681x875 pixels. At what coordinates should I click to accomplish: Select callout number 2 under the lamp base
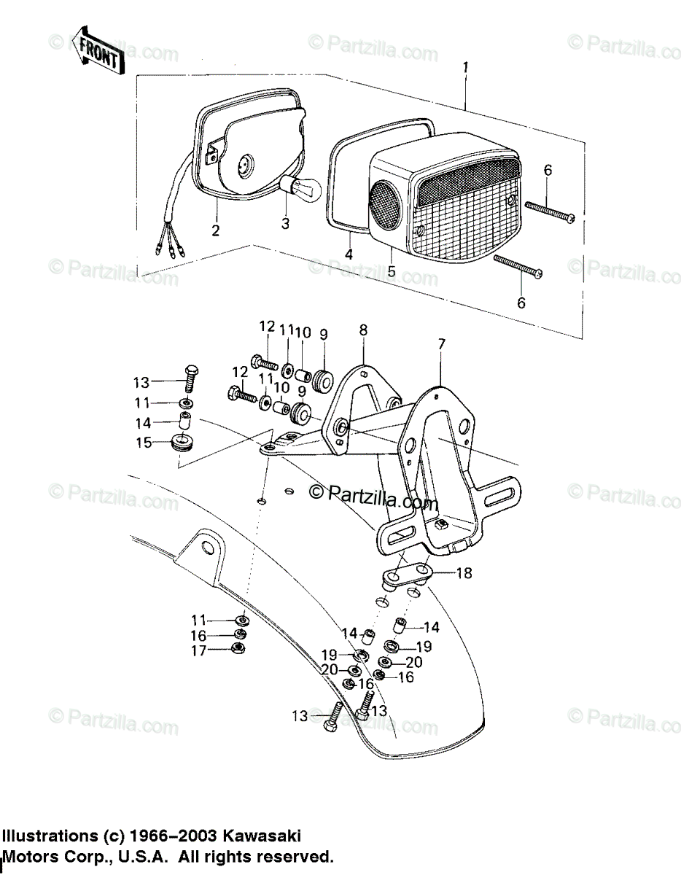[x=215, y=231]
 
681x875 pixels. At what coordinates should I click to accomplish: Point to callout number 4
[x=349, y=254]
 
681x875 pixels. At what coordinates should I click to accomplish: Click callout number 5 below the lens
[x=392, y=272]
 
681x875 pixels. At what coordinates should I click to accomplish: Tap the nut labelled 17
[x=236, y=648]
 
